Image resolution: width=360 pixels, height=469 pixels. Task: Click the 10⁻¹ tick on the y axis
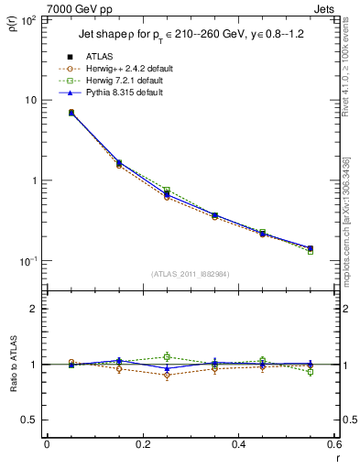pyautogui.click(x=29, y=261)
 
